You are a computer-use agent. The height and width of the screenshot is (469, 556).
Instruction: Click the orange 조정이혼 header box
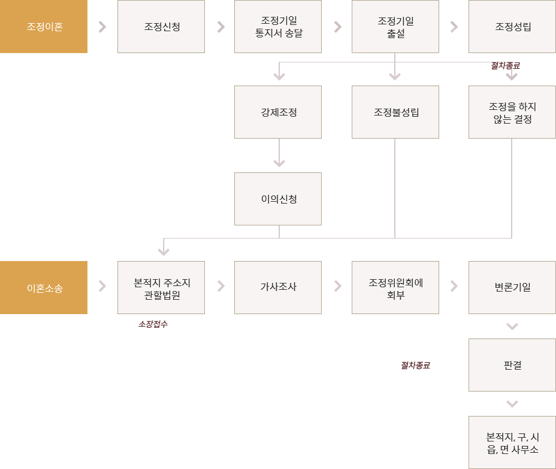click(44, 27)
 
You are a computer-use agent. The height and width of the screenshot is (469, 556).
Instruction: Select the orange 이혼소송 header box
click(44, 287)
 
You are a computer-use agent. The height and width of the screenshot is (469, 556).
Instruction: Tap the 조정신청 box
click(161, 27)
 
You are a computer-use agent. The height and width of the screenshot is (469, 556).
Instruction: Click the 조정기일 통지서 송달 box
click(278, 27)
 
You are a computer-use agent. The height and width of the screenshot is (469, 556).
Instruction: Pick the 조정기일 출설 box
click(395, 27)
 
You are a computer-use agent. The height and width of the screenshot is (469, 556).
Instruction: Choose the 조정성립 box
click(512, 27)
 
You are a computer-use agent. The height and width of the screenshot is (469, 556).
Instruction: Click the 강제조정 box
click(278, 112)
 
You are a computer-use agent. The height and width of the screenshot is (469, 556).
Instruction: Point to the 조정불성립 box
click(395, 112)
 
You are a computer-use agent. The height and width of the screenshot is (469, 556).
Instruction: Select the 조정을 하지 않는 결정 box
click(512, 112)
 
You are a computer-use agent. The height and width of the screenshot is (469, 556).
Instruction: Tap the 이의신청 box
click(278, 199)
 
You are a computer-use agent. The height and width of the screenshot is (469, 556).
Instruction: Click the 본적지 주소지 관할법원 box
click(161, 287)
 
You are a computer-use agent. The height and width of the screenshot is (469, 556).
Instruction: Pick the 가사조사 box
click(278, 287)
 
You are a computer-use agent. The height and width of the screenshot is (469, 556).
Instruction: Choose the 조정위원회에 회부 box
click(395, 287)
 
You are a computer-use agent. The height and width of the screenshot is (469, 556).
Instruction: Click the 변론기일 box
click(512, 287)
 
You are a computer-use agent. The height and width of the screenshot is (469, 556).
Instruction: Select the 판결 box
click(512, 365)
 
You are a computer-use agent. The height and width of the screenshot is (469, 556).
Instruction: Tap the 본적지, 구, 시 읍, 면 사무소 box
click(512, 442)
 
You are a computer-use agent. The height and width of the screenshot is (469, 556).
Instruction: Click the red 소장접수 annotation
click(153, 324)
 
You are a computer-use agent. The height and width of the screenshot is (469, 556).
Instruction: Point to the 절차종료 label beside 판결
click(415, 365)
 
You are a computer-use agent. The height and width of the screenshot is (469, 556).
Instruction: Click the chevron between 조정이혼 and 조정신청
click(102, 27)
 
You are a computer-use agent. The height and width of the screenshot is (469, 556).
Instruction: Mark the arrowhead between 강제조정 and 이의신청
click(279, 164)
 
